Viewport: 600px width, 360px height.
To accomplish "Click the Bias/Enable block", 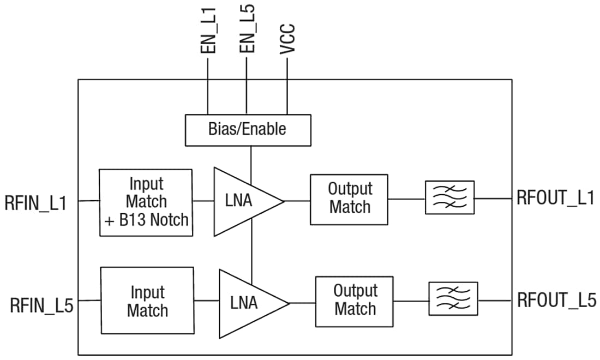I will (x=248, y=130).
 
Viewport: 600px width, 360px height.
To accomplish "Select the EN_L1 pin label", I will (x=208, y=31).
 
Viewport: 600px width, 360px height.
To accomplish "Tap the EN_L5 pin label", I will (x=247, y=31).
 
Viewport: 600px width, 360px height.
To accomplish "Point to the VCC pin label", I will (x=287, y=38).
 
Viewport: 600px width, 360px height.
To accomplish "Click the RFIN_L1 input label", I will (x=36, y=203).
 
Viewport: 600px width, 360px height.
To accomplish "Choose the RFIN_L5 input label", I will (x=41, y=304).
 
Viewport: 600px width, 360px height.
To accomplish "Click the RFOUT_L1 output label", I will (x=555, y=197).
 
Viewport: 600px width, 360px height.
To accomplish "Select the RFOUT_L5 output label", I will (x=556, y=299).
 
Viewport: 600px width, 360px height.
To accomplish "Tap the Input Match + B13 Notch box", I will (x=146, y=202).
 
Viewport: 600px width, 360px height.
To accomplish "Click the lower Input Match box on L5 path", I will (x=147, y=301).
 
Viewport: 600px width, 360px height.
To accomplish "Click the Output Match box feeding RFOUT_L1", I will (x=349, y=199).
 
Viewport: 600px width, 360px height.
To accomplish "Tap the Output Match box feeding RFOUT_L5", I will (x=355, y=301).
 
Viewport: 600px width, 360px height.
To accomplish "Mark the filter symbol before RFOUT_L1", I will (x=449, y=197).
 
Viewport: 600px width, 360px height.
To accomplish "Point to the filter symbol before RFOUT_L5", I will (x=453, y=298).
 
